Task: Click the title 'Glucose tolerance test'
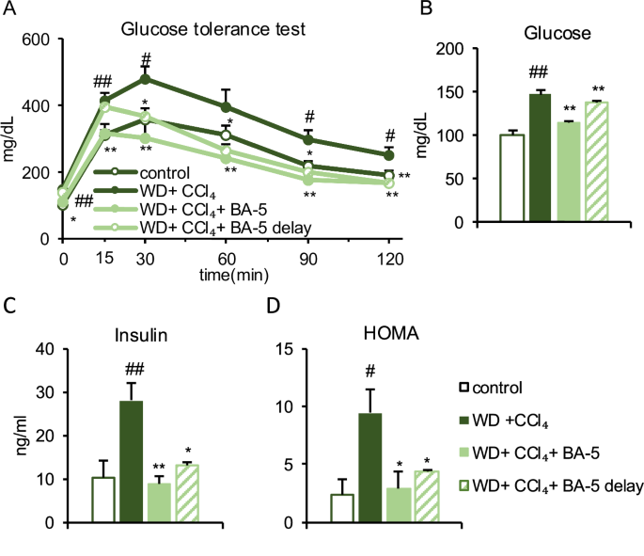(212, 27)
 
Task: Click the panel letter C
(10, 307)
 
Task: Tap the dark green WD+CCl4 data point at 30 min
(145, 78)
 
